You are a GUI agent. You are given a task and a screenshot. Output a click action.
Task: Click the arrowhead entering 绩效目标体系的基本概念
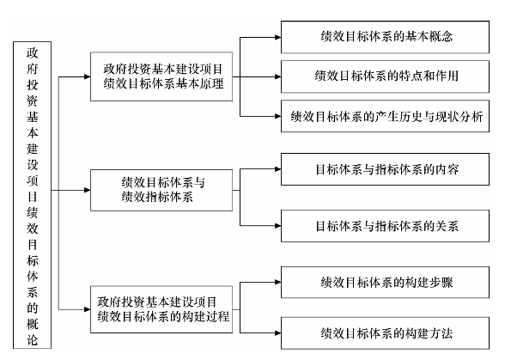pos(278,37)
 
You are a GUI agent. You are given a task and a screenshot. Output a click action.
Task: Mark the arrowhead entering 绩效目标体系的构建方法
pos(278,333)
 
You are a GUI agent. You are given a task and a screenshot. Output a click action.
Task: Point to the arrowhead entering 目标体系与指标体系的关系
pos(278,226)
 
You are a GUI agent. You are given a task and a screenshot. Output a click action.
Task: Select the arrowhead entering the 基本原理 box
pos(88,76)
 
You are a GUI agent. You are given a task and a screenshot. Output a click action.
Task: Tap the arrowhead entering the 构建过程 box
pos(88,309)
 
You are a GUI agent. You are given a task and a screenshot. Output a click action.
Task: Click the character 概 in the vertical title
pos(33,324)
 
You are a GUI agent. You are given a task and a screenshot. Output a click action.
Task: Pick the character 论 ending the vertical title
pos(33,339)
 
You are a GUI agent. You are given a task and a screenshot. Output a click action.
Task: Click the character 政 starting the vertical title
pos(33,52)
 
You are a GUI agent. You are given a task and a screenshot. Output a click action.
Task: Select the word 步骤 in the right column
pos(441,283)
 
